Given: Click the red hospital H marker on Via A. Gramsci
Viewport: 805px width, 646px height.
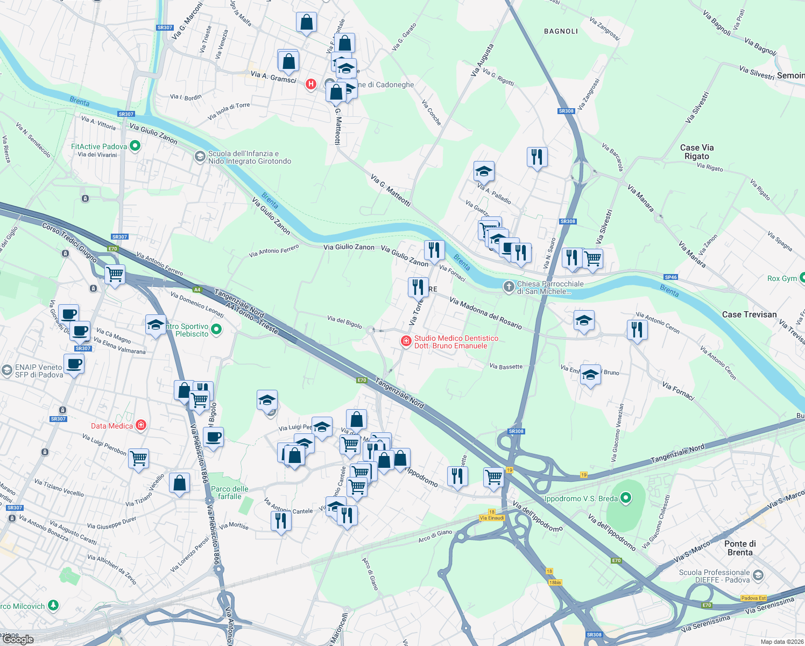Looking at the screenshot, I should (x=310, y=84).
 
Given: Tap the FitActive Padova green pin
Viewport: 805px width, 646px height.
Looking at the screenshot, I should (x=135, y=146).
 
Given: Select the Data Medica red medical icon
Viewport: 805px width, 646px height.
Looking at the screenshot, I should (x=141, y=426).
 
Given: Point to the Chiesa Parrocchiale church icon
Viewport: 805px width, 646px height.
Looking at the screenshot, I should (x=509, y=287).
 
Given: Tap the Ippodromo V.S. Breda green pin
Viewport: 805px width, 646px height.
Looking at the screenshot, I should (x=625, y=498).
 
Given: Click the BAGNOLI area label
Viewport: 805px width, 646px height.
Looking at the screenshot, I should (x=561, y=31).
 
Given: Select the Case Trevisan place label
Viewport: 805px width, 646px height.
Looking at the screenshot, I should (x=749, y=314).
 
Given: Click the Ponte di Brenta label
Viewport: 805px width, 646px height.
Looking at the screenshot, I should (x=740, y=548).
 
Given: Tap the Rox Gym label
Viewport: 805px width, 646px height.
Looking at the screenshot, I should (x=782, y=278).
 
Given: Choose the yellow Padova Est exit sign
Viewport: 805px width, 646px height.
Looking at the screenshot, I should (x=753, y=598).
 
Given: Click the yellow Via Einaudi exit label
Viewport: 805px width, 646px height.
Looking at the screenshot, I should (x=492, y=518).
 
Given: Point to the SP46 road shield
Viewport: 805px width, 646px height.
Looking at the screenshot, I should (x=670, y=277).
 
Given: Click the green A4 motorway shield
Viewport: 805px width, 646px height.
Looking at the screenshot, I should (x=197, y=290).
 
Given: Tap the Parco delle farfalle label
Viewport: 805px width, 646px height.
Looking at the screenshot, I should (x=230, y=493).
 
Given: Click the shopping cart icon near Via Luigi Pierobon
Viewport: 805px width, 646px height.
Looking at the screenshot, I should (x=139, y=458).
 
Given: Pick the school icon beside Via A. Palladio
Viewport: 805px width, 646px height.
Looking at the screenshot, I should (x=484, y=172).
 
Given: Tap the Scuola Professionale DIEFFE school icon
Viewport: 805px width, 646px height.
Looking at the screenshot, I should (x=758, y=576).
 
